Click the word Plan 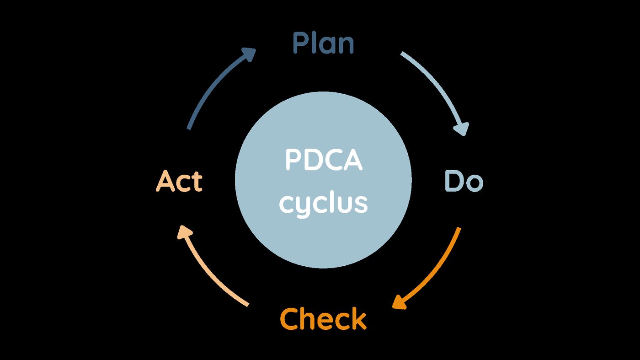pos(324,43)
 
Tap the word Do pos(464,181)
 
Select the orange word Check pos(323,319)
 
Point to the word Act pos(179,181)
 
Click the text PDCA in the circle pos(324,160)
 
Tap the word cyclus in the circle pos(324,204)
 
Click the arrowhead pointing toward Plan pos(249,54)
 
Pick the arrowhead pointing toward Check pos(400,302)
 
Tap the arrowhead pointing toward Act pos(185,232)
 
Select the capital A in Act pos(165,181)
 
